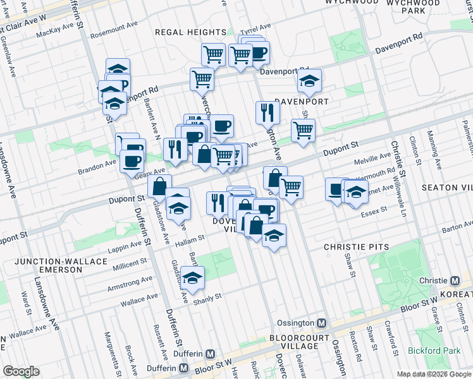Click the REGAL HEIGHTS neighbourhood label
pos(190,32)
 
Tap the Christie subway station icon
pos(455,280)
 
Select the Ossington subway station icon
pos(322,323)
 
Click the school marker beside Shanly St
pos(192,277)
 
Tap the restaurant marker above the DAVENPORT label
pos(267,112)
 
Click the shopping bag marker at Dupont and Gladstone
pos(159,186)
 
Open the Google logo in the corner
pos(21,371)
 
